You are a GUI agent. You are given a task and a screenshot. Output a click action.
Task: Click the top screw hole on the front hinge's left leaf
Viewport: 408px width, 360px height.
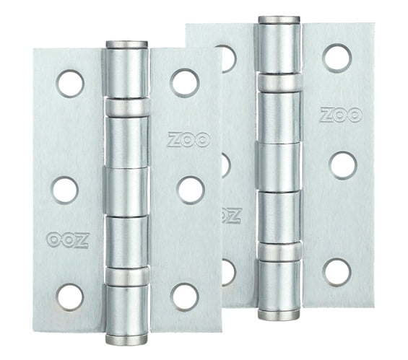(71, 84)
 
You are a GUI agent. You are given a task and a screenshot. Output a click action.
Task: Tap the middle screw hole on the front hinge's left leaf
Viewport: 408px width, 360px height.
(65, 190)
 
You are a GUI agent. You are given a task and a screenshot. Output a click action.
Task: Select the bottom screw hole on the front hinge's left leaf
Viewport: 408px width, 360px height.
(70, 298)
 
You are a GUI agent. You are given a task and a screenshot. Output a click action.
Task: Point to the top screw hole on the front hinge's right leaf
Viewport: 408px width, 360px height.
(185, 83)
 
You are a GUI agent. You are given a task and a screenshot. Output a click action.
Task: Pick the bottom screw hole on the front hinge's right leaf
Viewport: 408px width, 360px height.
(185, 297)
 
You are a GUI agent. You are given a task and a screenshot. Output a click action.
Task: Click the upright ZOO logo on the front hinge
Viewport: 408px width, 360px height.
(188, 140)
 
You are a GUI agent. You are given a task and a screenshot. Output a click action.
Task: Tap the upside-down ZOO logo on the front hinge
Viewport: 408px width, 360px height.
(68, 240)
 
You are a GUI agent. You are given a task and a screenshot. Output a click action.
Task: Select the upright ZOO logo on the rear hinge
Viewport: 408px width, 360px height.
(341, 115)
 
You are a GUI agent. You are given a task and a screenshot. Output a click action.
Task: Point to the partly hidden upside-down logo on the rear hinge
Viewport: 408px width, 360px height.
(231, 216)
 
